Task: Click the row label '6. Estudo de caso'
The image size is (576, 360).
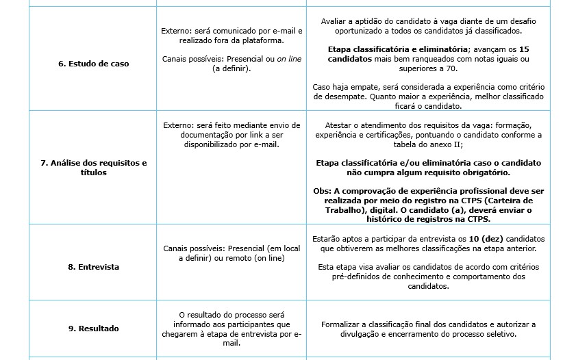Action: pos(93,64)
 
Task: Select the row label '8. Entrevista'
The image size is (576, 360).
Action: pos(93,267)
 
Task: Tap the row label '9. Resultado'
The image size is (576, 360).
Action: pos(93,329)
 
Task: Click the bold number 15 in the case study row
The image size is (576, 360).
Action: pos(524,49)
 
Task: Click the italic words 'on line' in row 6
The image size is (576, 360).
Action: pos(289,59)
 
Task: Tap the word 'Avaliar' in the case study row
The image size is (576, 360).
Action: pos(335,21)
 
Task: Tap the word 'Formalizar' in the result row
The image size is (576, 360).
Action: pos(342,324)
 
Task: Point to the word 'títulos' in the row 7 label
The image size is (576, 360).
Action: pos(93,172)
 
